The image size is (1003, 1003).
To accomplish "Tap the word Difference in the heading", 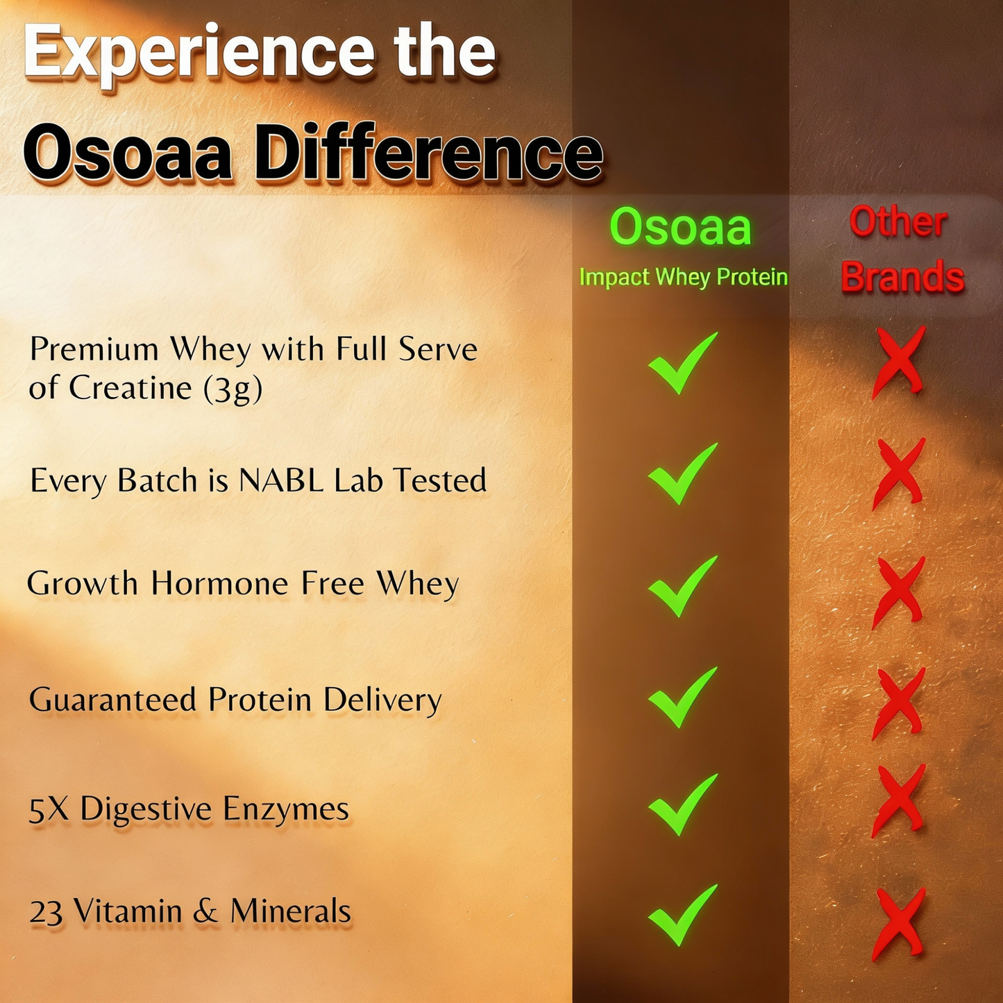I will click(x=428, y=153).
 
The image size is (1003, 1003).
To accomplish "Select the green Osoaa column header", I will click(x=680, y=227).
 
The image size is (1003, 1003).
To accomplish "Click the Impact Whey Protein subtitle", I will click(x=683, y=277).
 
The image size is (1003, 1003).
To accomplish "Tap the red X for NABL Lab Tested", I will click(x=899, y=473).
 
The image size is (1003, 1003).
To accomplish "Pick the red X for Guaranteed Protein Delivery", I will click(x=899, y=702).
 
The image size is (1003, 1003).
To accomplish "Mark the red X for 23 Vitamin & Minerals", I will click(x=899, y=923).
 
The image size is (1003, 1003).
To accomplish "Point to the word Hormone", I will click(x=219, y=584).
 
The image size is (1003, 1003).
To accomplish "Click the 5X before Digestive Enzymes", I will click(x=49, y=809).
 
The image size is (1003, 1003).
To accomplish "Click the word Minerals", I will click(x=291, y=911).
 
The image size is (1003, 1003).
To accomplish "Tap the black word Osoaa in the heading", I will click(x=128, y=153).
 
